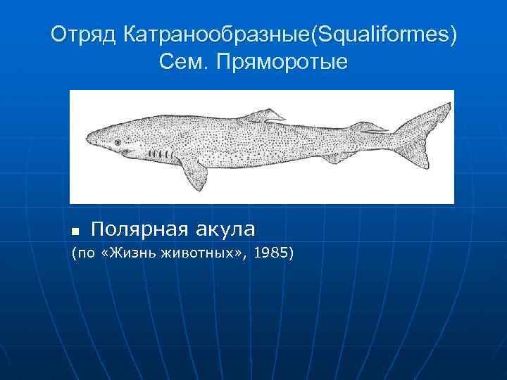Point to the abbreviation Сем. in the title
[x=185, y=63]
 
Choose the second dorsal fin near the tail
[x=367, y=127]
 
